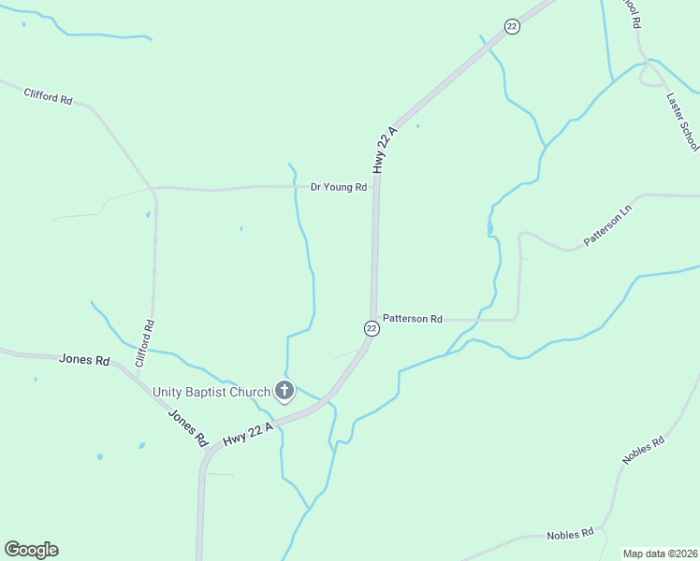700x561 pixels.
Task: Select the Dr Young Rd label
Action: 339,187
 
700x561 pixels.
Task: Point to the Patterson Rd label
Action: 412,319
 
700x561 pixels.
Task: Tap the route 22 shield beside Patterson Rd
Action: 372,328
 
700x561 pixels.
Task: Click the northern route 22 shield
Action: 511,27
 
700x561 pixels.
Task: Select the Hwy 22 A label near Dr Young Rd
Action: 385,150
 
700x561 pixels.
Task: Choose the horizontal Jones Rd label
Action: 84,359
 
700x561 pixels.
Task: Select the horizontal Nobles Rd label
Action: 570,534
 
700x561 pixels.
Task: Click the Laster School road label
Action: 682,121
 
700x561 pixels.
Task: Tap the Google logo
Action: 31,550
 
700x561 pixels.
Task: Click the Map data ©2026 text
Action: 661,554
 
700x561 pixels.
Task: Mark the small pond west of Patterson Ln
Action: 489,227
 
